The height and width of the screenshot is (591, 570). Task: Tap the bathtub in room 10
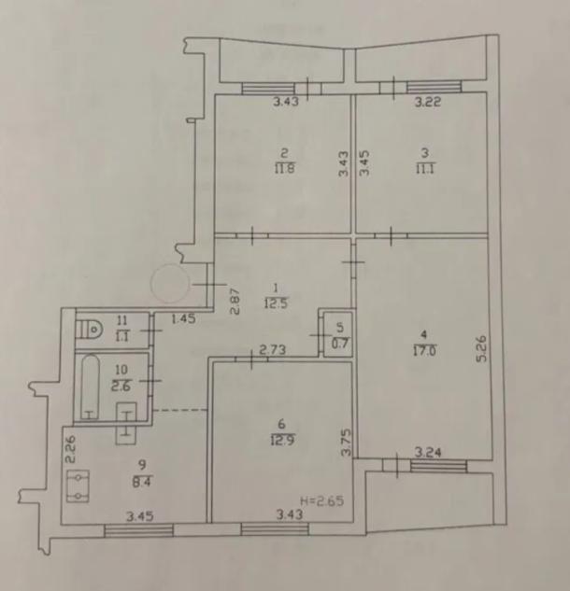click(91, 387)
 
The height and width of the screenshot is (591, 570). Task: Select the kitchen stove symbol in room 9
click(78, 486)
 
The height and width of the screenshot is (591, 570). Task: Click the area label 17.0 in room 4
click(424, 351)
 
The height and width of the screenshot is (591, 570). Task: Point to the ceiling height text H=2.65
click(322, 501)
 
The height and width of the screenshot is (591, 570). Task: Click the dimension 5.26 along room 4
click(481, 348)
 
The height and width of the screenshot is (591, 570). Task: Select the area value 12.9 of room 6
click(282, 440)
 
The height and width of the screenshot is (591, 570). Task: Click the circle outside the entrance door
click(170, 284)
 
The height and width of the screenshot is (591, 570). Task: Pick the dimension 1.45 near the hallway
click(183, 319)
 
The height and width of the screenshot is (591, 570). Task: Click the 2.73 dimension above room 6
click(273, 350)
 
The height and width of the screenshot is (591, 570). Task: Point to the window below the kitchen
click(138, 530)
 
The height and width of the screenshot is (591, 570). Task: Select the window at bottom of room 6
click(275, 529)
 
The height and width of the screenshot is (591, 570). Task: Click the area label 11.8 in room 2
click(284, 168)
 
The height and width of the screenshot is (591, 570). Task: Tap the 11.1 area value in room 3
click(425, 168)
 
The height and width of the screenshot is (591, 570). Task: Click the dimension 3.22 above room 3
click(428, 102)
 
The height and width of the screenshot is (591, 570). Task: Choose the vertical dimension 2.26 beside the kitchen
click(70, 449)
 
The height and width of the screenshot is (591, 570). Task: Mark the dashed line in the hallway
click(180, 410)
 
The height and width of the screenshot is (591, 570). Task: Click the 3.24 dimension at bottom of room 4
click(428, 452)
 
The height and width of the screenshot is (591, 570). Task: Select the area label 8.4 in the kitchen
click(143, 482)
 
